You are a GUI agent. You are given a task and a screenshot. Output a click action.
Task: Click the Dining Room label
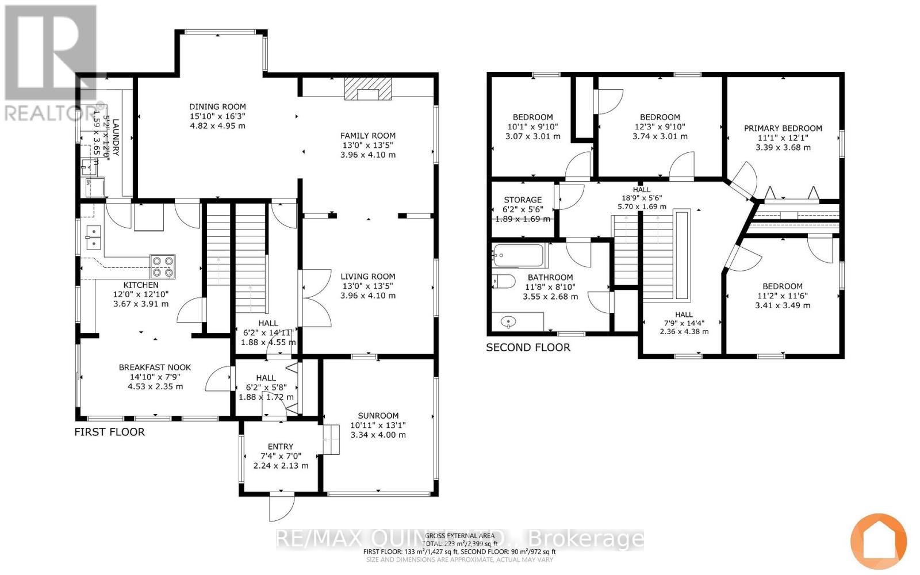(217, 106)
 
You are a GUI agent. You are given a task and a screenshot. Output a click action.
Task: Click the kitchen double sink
(93, 237)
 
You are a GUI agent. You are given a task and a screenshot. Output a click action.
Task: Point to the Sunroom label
(378, 415)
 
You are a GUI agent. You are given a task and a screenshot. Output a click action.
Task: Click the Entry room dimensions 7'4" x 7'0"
(281, 456)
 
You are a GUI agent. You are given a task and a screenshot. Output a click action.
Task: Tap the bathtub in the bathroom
(517, 254)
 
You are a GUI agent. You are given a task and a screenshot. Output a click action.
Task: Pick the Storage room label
(523, 200)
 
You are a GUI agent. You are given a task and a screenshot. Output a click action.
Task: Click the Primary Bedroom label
(783, 128)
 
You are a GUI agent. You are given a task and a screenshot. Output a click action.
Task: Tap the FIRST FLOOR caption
(109, 432)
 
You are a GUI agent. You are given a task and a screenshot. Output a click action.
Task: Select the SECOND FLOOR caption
(528, 347)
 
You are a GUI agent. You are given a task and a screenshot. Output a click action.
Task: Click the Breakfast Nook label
(155, 367)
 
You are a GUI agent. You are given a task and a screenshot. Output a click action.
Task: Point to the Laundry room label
(116, 137)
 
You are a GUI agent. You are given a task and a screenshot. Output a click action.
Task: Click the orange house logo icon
(878, 540)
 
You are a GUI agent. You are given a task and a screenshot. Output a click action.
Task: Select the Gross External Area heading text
(459, 535)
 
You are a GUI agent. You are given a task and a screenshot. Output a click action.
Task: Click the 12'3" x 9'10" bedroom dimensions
(660, 126)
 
